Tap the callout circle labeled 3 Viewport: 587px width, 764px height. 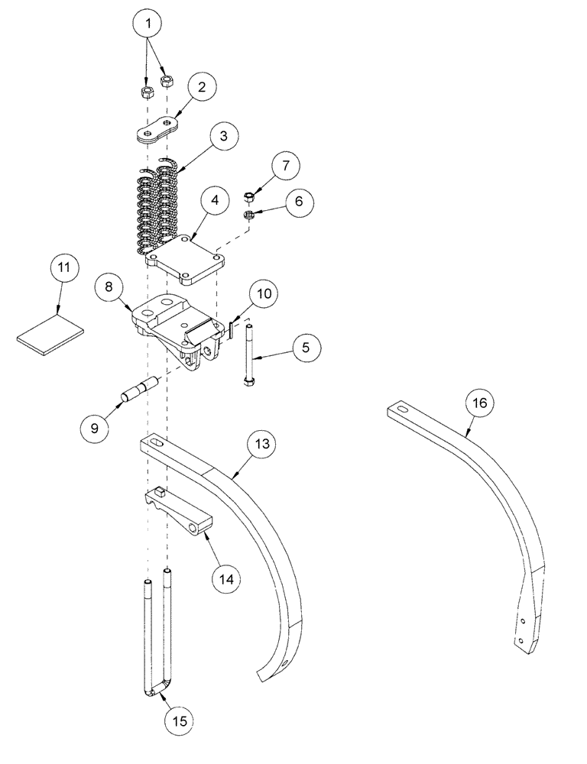click(x=221, y=138)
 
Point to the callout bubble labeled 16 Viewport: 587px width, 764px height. click(x=482, y=403)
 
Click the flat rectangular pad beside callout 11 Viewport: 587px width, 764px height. click(x=47, y=335)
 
